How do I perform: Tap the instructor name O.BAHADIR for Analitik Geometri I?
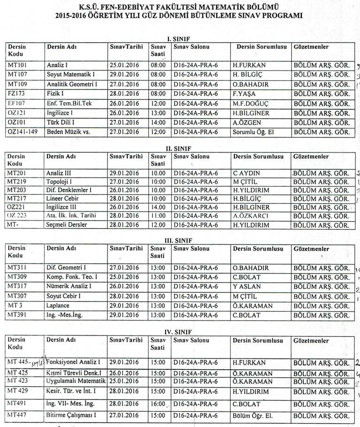(248, 84)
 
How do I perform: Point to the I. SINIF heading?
(175, 38)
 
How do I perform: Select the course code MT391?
(17, 315)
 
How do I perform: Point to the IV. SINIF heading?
(175, 332)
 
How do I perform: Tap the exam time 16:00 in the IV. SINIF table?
(158, 403)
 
